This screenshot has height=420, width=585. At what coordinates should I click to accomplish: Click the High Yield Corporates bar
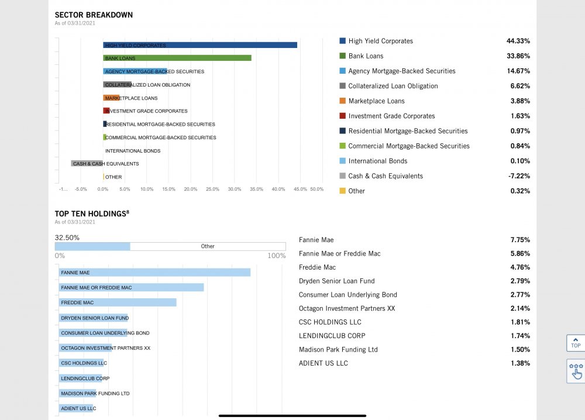[x=200, y=45]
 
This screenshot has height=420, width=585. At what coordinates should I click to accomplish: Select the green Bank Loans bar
[x=177, y=58]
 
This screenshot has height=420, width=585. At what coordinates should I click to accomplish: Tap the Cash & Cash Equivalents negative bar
[x=87, y=163]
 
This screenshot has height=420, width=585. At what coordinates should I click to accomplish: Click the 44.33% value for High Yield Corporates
[x=518, y=41]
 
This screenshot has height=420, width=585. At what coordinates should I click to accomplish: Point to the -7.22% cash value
[x=518, y=176]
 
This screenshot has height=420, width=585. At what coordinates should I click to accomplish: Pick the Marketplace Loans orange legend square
[x=342, y=101]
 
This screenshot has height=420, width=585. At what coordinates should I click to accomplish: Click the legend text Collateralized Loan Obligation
[x=393, y=86]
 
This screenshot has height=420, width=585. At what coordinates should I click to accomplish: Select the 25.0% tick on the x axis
[x=212, y=189]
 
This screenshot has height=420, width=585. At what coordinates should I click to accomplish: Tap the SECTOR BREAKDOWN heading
[x=94, y=15]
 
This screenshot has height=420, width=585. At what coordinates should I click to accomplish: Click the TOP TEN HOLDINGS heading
[x=91, y=214]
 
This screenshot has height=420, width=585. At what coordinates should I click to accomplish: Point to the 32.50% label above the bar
[x=67, y=237]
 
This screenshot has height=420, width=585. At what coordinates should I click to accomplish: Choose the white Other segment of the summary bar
[x=208, y=246]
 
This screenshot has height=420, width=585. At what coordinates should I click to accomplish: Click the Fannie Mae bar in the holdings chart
[x=154, y=273]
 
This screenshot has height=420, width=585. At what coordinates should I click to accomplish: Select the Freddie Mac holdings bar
[x=118, y=302]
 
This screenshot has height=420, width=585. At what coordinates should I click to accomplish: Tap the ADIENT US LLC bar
[x=77, y=408]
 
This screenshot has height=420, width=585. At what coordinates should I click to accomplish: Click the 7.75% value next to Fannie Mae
[x=519, y=240]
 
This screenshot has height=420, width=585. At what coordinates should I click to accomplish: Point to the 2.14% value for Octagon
[x=519, y=308]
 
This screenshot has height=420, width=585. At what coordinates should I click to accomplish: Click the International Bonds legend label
[x=378, y=161]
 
